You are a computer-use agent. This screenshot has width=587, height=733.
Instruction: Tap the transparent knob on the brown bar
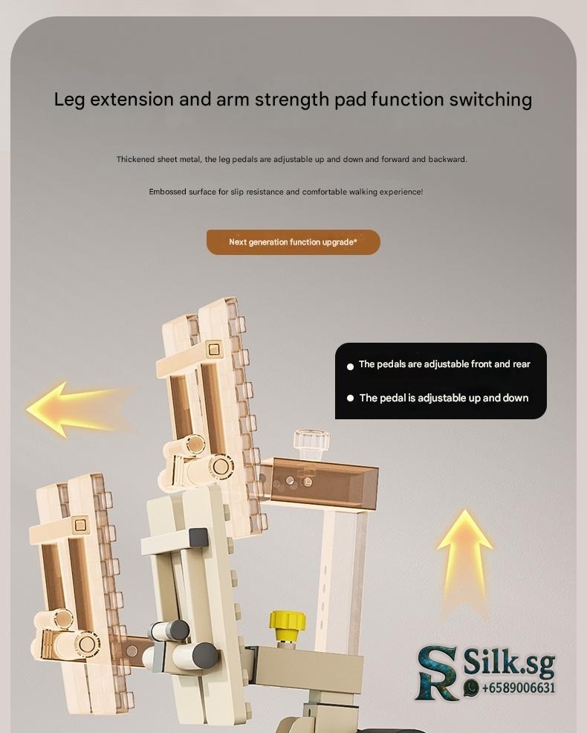coord(311,444)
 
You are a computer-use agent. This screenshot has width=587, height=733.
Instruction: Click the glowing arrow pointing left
coord(80,410)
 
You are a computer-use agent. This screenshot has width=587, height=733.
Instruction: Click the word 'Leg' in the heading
coord(69,100)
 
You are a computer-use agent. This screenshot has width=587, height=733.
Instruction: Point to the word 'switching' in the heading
coord(490,100)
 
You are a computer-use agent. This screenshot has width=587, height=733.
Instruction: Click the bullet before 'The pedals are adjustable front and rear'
coord(350,367)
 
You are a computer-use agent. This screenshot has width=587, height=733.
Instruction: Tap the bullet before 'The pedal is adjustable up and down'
coord(350,398)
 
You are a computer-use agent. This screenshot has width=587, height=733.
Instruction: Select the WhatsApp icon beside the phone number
coord(472,687)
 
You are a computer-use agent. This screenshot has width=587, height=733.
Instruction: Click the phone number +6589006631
coord(519,688)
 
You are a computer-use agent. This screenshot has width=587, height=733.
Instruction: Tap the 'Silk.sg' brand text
coord(509,662)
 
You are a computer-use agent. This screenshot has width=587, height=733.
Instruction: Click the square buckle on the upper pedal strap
coord(213,349)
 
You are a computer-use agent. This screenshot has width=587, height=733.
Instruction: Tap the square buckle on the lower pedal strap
coord(80,525)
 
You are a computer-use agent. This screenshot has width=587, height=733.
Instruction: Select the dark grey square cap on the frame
coord(198,538)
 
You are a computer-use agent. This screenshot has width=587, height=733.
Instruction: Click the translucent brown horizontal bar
coord(319,482)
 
